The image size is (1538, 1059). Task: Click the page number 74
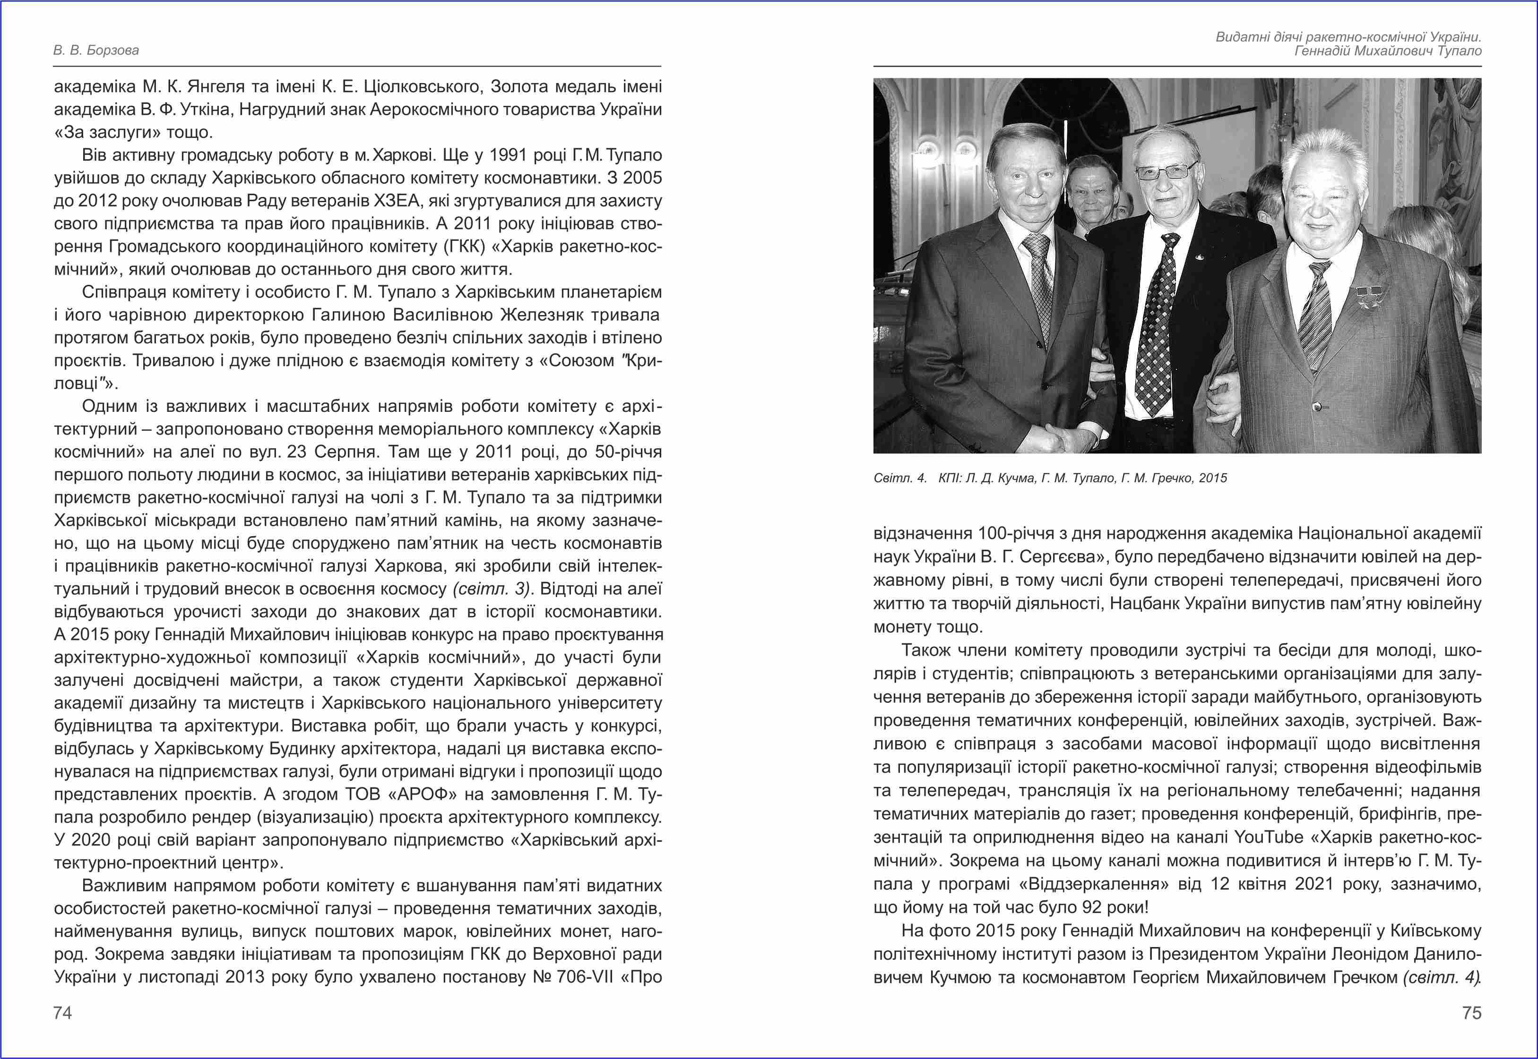[62, 1013]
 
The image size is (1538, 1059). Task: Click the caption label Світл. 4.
[899, 478]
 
